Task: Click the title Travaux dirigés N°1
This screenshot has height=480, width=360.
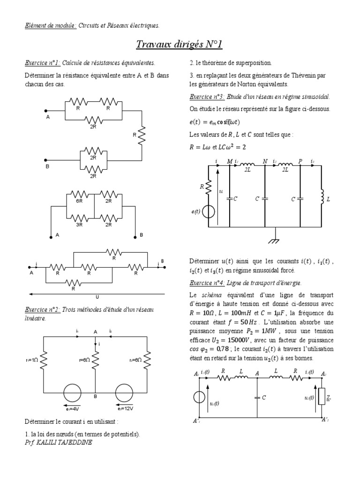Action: pos(180,45)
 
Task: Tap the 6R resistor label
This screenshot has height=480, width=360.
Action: pos(80,201)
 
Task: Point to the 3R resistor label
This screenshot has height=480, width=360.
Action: pos(80,225)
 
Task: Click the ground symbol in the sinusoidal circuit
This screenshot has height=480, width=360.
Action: pos(273,240)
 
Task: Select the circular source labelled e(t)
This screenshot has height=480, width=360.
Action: pos(208,212)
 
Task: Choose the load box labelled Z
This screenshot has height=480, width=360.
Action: pos(322,397)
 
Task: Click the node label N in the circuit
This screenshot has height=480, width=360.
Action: pos(265,161)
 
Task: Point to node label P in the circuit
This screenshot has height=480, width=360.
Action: pos(300,161)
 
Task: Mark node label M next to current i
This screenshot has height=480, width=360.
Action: pos(230,161)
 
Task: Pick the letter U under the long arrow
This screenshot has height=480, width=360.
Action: pos(98,297)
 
